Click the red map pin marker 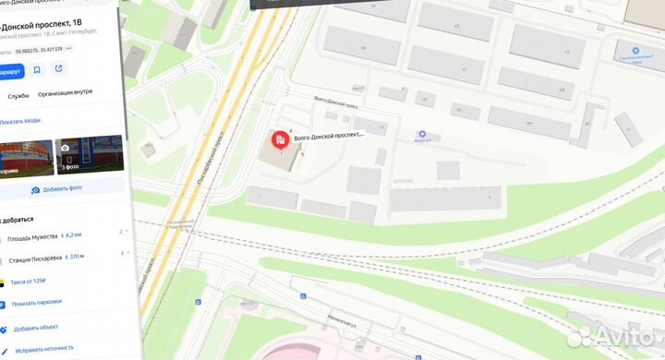278,140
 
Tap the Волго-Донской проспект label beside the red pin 329,135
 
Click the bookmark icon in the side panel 37,69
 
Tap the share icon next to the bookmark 58,69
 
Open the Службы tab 18,95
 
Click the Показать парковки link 37,303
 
